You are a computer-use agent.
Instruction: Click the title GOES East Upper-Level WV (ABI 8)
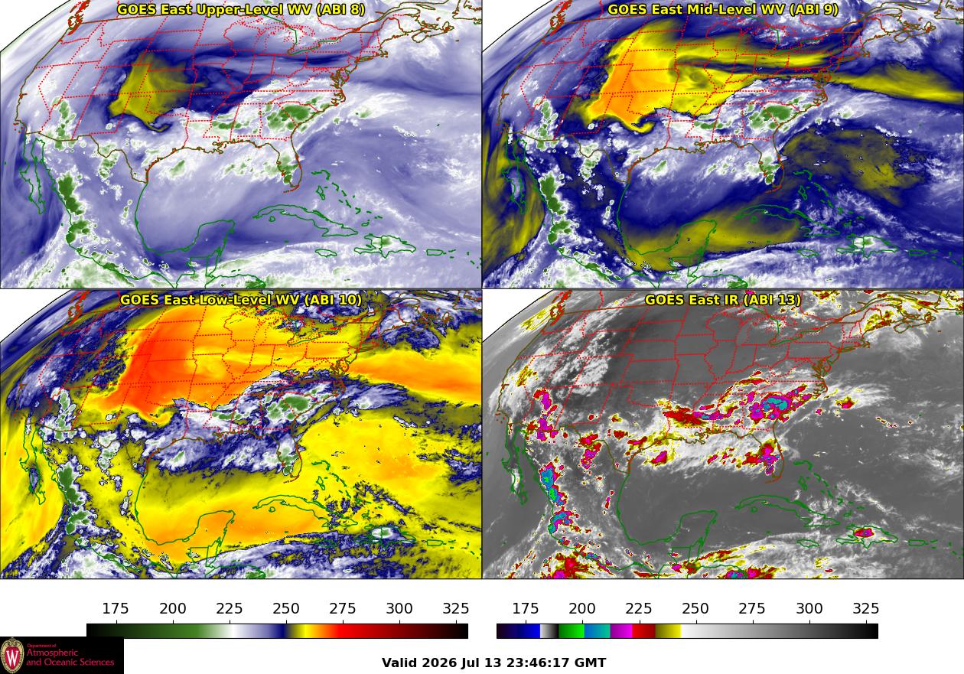(241, 10)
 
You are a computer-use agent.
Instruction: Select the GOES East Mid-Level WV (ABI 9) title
(723, 10)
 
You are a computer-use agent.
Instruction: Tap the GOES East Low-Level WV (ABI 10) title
(241, 300)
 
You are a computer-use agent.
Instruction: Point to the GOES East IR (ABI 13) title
(723, 300)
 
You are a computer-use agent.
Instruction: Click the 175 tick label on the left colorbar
(116, 608)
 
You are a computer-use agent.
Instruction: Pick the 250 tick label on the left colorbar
(286, 608)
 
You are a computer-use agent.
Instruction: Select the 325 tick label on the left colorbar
(456, 608)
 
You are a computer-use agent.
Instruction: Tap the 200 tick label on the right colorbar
(581, 608)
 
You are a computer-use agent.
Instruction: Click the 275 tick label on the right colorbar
(752, 608)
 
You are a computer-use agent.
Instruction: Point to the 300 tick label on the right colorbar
(809, 608)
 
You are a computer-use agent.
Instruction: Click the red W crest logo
(12, 656)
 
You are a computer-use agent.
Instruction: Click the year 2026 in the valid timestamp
(438, 663)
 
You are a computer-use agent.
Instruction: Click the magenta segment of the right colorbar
(620, 631)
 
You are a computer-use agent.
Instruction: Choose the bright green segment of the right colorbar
(571, 631)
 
